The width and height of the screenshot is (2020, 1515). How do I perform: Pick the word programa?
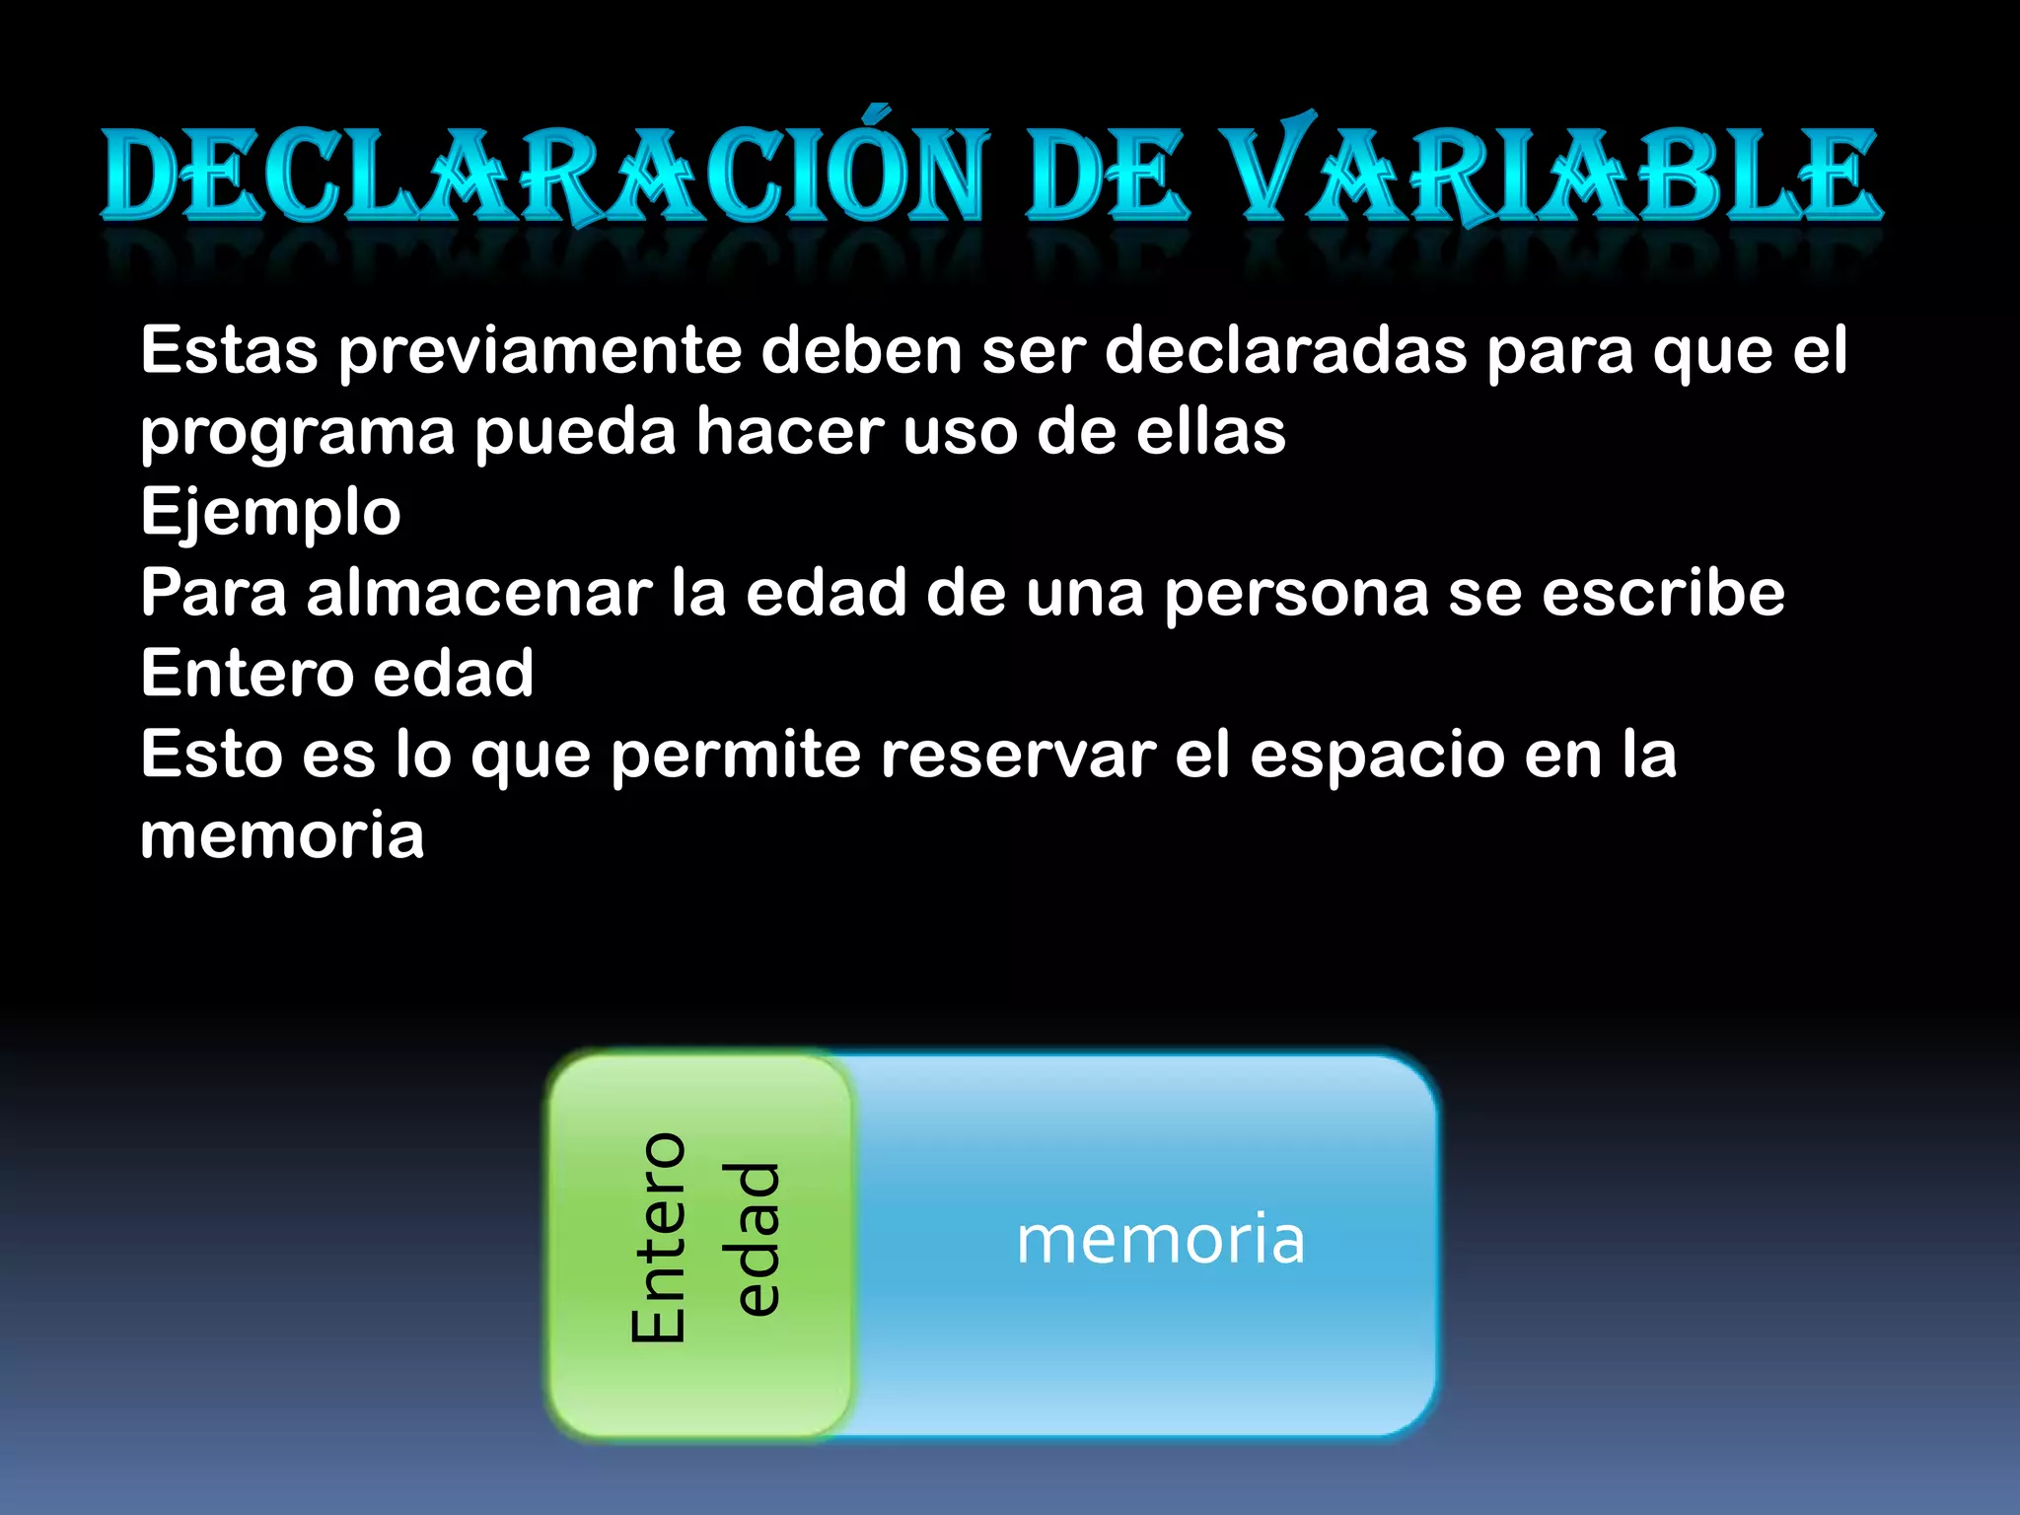click(x=297, y=434)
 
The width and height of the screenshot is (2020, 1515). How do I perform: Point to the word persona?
click(x=1296, y=596)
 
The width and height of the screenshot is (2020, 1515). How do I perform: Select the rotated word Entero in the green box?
click(x=658, y=1237)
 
